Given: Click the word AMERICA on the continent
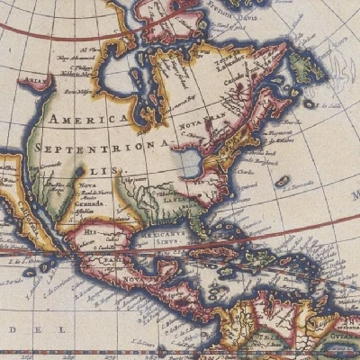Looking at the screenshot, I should [x=90, y=120].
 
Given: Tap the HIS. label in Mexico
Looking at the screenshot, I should [x=89, y=230].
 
